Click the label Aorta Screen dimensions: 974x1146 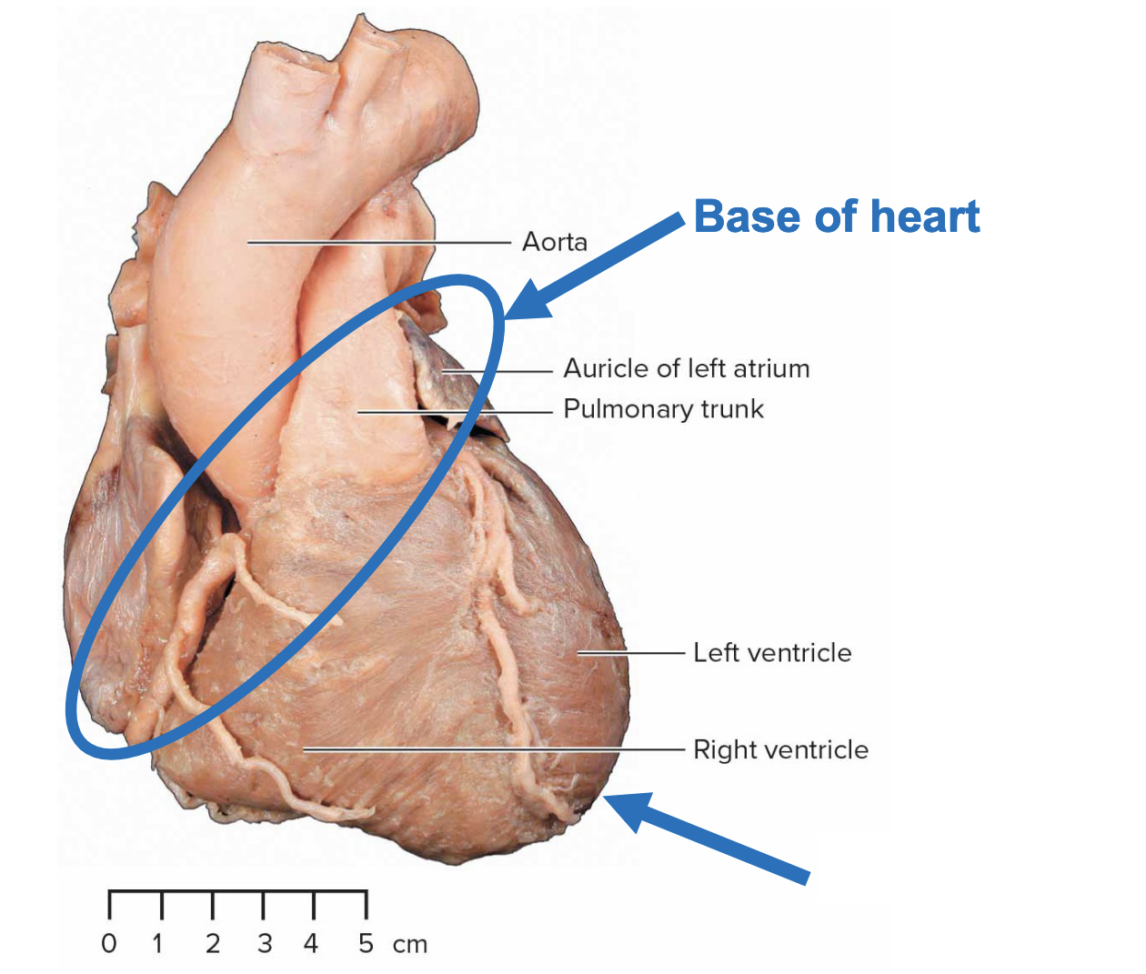[554, 242]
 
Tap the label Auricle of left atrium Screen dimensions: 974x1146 [686, 368]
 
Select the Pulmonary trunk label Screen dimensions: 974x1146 [663, 409]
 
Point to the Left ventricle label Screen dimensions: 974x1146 [772, 653]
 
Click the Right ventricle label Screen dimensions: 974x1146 [780, 750]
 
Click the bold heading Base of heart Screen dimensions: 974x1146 [836, 217]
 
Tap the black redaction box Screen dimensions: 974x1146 [971, 868]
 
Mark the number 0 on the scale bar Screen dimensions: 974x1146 [109, 944]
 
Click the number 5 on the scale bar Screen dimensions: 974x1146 [366, 944]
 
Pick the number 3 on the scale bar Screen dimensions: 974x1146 [265, 944]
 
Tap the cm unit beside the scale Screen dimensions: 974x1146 [410, 945]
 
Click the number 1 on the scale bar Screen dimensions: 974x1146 [158, 944]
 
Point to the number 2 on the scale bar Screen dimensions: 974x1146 [213, 944]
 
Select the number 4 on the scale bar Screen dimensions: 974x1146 [312, 944]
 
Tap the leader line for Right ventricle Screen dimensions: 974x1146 [491, 749]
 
